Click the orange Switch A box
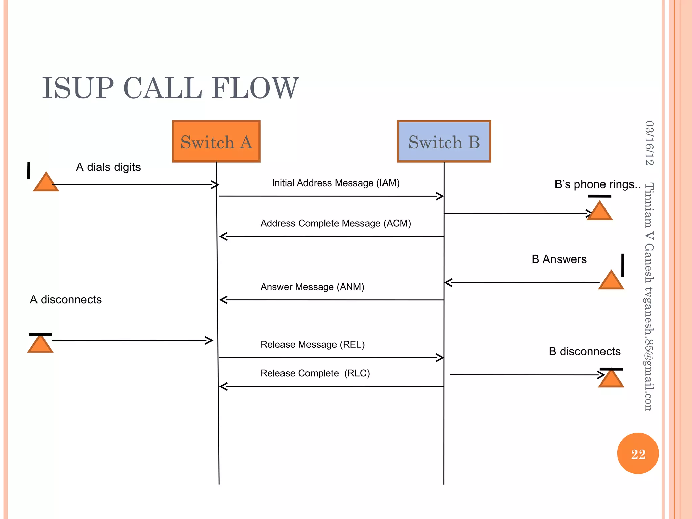pyautogui.click(x=216, y=141)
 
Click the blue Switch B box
pyautogui.click(x=444, y=141)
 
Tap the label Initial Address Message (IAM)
pyautogui.click(x=336, y=183)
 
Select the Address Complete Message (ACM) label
pyautogui.click(x=335, y=223)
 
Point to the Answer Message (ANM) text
pyautogui.click(x=312, y=287)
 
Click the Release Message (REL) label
pyautogui.click(x=312, y=344)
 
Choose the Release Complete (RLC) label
pyautogui.click(x=315, y=373)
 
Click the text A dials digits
pyautogui.click(x=108, y=167)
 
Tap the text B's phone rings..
pyautogui.click(x=597, y=184)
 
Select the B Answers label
pyautogui.click(x=559, y=259)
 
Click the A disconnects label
pyautogui.click(x=66, y=299)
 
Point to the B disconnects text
pyautogui.click(x=585, y=351)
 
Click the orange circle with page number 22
pyautogui.click(x=638, y=453)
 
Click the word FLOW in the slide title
pyautogui.click(x=255, y=88)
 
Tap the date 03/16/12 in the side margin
pyautogui.click(x=649, y=143)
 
